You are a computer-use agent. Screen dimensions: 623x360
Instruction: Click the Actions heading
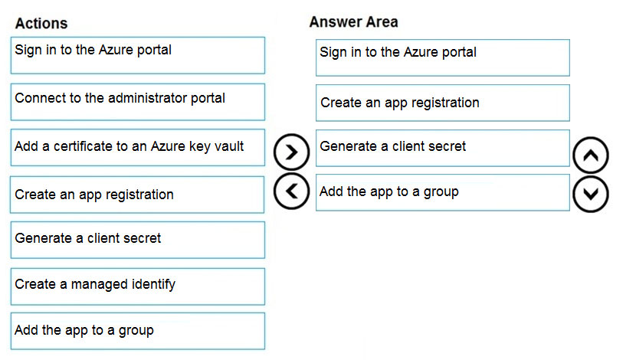(x=41, y=24)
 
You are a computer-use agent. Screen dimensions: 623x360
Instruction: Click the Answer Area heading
(x=353, y=22)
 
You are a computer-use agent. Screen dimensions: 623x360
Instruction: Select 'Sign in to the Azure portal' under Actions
(x=138, y=55)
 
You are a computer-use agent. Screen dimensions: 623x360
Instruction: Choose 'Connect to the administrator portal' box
(x=138, y=102)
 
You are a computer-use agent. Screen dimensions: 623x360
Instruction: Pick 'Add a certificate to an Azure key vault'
(x=138, y=147)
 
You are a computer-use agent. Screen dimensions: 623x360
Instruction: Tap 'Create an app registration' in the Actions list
(x=137, y=195)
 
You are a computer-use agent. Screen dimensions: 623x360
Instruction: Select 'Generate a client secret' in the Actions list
(x=138, y=240)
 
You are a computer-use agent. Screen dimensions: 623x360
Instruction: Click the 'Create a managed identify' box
(x=138, y=286)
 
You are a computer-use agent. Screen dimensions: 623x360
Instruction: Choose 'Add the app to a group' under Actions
(x=138, y=332)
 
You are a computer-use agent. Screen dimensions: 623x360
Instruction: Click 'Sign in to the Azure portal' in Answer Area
(x=443, y=57)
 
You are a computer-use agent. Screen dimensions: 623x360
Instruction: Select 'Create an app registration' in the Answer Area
(x=443, y=103)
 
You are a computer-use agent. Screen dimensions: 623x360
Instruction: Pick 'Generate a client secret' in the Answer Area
(x=443, y=148)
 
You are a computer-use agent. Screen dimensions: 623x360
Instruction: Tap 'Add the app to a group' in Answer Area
(x=443, y=192)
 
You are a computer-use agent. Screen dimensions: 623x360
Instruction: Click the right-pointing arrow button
(x=291, y=152)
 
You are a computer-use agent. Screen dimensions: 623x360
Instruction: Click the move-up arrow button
(x=591, y=155)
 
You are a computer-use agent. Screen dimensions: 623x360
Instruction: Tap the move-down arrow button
(x=591, y=195)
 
